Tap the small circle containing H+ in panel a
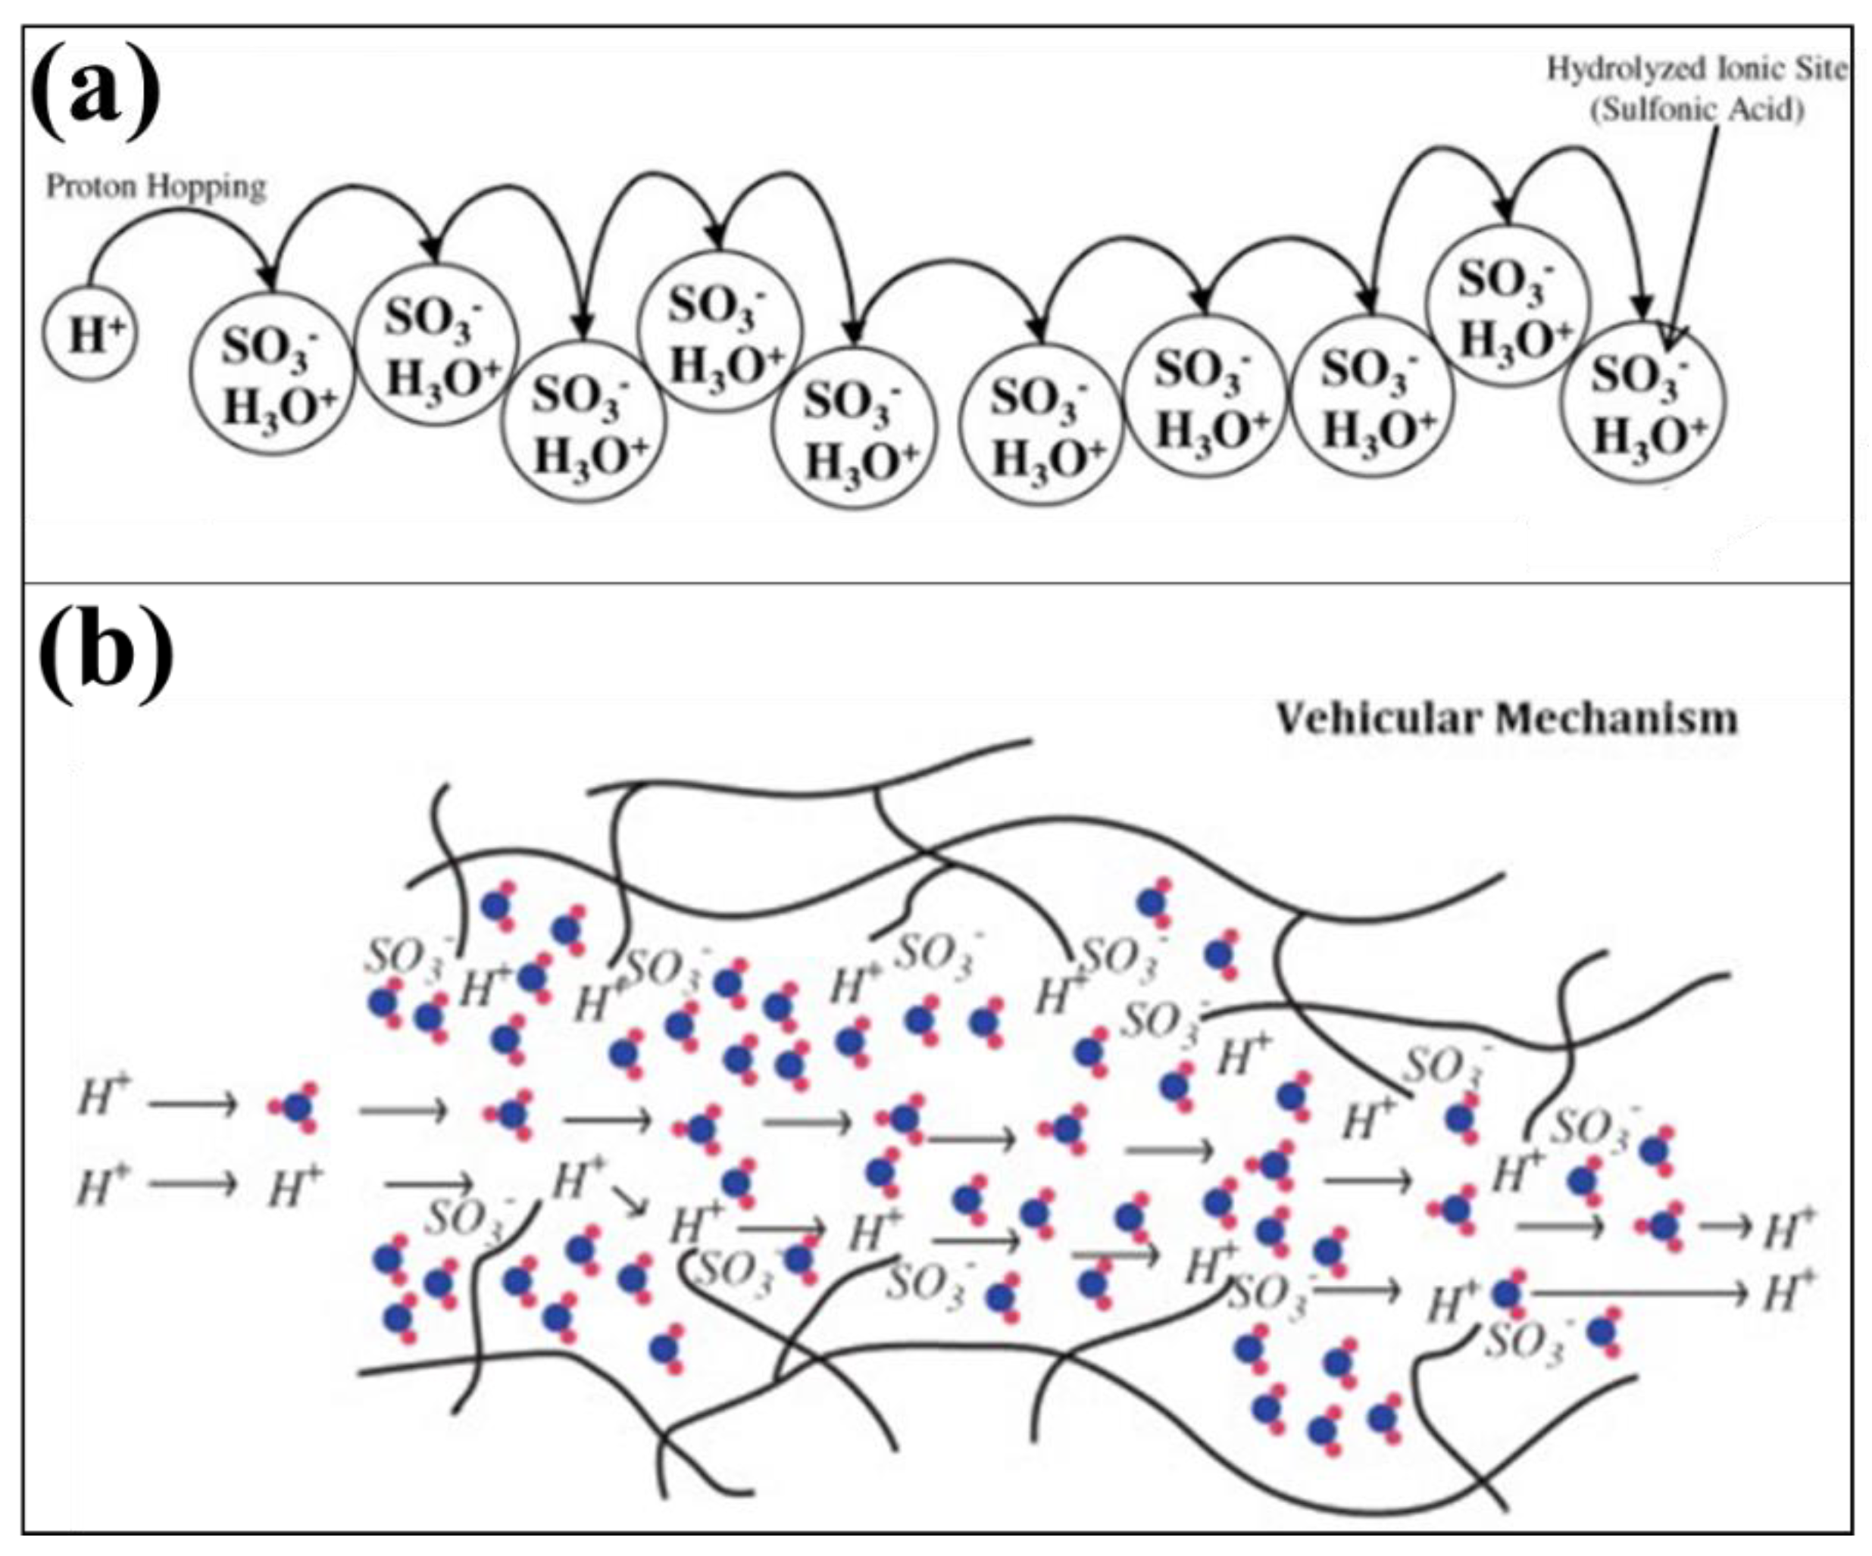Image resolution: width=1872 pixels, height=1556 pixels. pos(90,333)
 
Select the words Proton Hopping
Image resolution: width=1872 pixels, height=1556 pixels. pos(156,187)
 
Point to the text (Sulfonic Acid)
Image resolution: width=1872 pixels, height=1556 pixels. pos(1699,109)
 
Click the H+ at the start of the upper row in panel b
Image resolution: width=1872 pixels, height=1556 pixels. pos(105,1097)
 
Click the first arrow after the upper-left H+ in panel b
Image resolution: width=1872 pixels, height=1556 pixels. pos(193,1105)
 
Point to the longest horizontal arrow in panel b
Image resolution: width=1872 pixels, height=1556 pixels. pos(1640,1293)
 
